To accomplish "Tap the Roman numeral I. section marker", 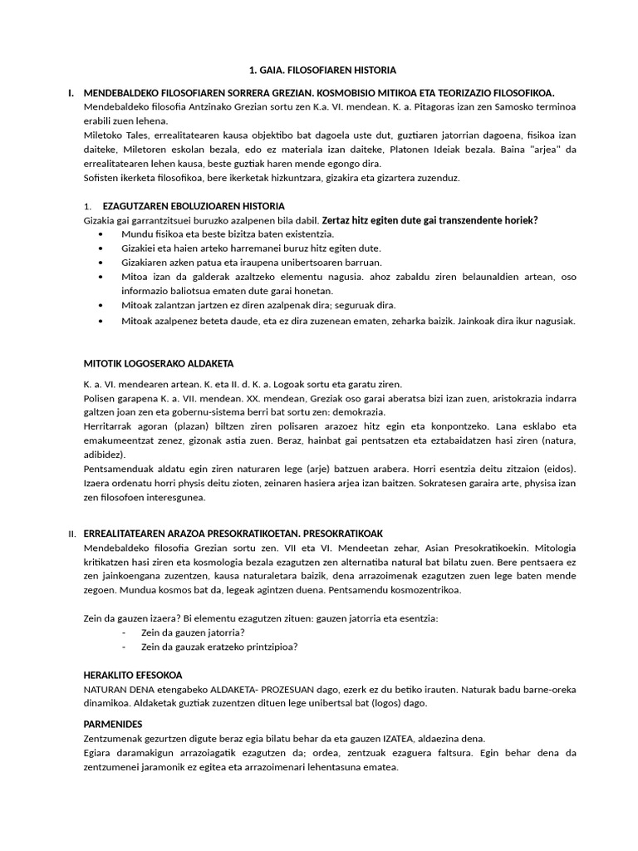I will pos(71,93).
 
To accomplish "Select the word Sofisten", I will pos(102,178).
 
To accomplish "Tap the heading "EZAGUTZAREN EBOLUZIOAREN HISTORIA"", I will pos(194,206).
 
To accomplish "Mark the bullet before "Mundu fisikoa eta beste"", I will pos(101,235).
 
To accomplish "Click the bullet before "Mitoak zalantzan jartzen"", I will pos(101,306).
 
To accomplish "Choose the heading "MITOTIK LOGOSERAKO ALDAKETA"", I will pos(159,363).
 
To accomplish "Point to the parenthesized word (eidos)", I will pos(557,469).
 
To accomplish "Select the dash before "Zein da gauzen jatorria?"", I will pos(124,632).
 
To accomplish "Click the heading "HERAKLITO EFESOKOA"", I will pos(133,675).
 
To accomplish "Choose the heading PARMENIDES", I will pos(114,724).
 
